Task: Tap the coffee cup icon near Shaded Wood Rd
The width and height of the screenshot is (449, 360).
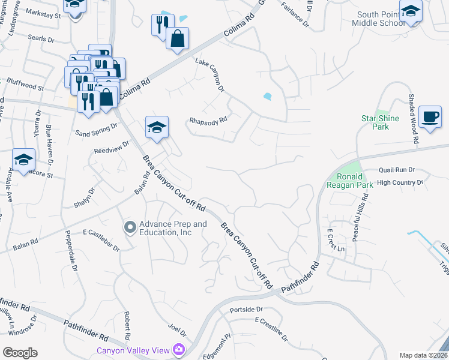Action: tap(429, 116)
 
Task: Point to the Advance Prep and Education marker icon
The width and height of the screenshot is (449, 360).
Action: tap(130, 227)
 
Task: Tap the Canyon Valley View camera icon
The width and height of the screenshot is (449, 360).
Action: tap(178, 349)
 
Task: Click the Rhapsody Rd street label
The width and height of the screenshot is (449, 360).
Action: tap(208, 119)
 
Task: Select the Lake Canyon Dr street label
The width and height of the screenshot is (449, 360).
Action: tap(209, 75)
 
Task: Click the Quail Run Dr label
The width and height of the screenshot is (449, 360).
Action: tap(397, 170)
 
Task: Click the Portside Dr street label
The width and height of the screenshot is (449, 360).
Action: tap(247, 310)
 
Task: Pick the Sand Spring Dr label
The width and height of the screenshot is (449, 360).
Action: tap(97, 129)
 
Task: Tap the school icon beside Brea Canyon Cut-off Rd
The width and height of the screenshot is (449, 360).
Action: tap(157, 127)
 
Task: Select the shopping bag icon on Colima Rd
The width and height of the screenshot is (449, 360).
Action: tap(177, 39)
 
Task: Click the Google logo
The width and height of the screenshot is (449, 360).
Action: tap(19, 352)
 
